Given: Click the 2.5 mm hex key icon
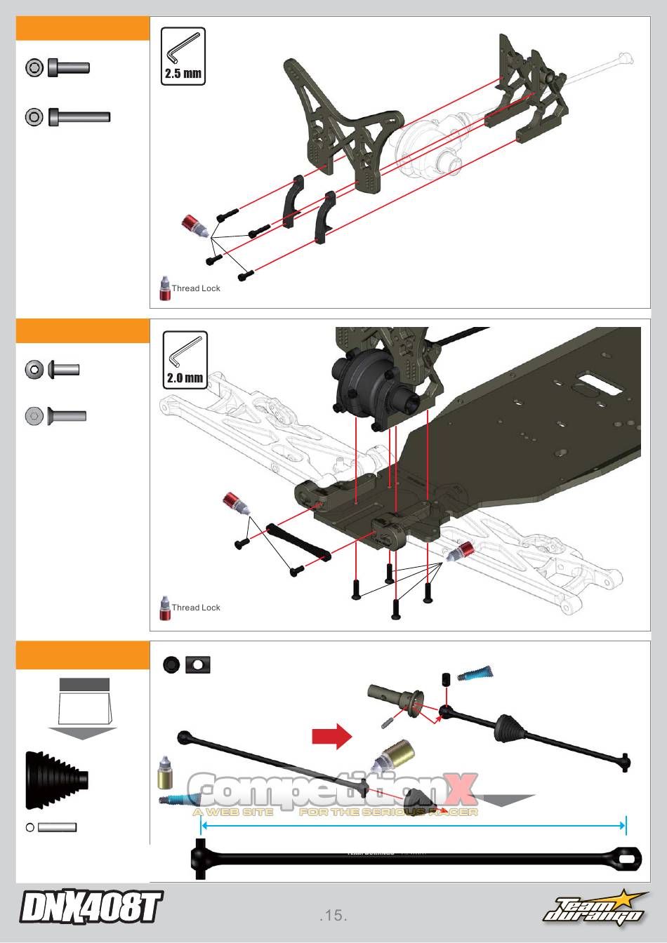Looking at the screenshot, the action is coord(183,56).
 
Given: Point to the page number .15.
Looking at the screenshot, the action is coord(333,915).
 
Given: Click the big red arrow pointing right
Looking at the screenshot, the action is coord(331,736).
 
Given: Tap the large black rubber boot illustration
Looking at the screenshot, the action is coord(56,780).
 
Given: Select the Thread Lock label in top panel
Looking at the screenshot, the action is coord(196,288).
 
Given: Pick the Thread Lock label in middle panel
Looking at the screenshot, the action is coord(196,608).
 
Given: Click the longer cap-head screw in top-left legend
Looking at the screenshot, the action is coord(79,117).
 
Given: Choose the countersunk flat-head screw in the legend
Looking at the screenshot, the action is coord(66,416).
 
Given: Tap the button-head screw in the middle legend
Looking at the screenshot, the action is coord(63,369).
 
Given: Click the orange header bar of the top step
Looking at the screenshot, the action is coord(83,29).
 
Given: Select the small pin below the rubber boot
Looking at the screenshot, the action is coord(57,827).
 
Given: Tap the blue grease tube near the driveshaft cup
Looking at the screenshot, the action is coord(475,674).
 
